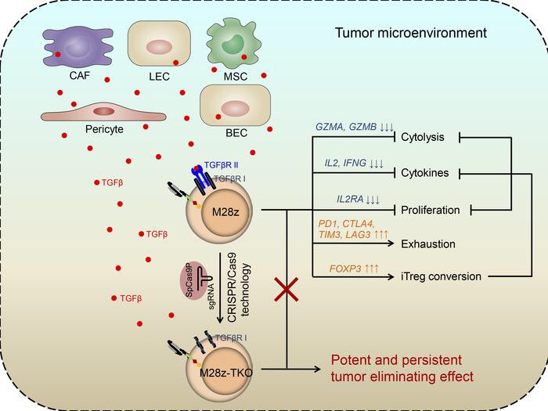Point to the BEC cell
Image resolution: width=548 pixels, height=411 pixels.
pyautogui.click(x=235, y=106)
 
